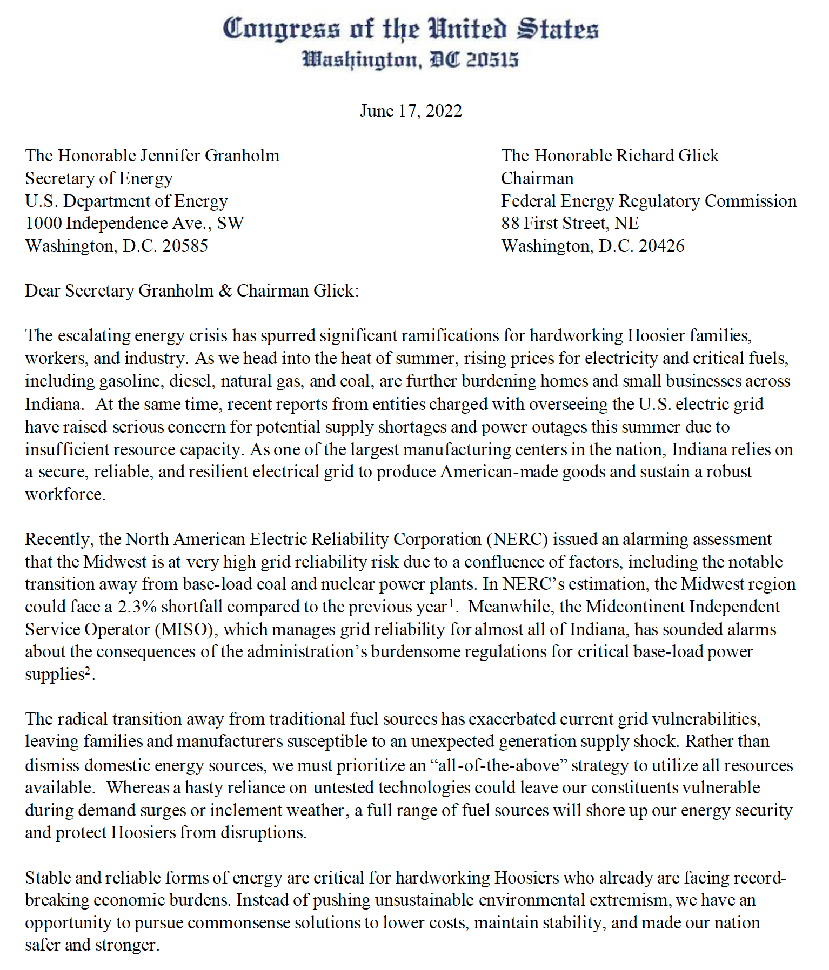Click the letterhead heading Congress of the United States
click(x=411, y=29)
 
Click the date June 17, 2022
click(x=411, y=111)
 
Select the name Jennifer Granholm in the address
click(x=210, y=156)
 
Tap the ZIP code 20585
click(x=185, y=246)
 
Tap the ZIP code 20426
click(x=661, y=246)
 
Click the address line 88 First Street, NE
click(x=570, y=223)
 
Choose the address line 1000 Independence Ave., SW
click(x=135, y=223)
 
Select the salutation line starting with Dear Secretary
click(x=192, y=291)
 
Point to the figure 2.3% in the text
click(x=137, y=607)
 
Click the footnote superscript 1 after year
click(x=450, y=603)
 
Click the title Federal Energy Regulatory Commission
click(x=649, y=201)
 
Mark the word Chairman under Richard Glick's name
click(x=537, y=178)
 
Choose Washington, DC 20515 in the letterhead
click(x=411, y=59)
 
